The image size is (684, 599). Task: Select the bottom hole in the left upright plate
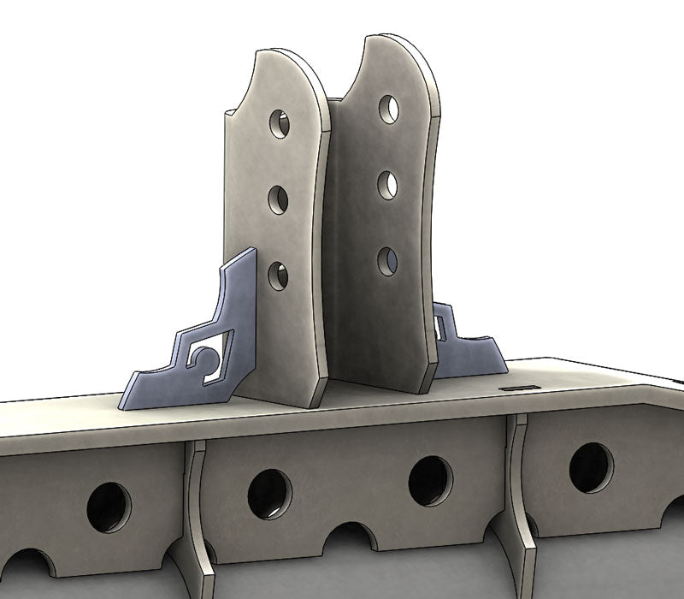[278, 276]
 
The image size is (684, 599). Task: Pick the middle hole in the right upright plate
[387, 185]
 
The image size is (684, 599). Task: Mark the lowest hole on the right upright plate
[387, 260]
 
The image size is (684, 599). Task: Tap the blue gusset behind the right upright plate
[466, 351]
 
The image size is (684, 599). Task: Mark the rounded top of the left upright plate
[278, 64]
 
